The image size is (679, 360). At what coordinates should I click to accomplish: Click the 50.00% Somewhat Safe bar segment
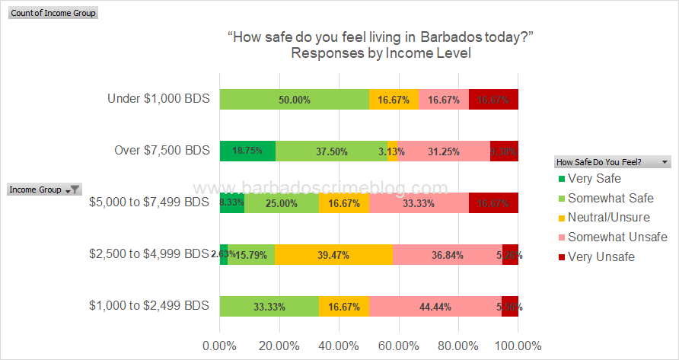(295, 100)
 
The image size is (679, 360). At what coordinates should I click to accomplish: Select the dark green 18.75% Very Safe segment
(247, 151)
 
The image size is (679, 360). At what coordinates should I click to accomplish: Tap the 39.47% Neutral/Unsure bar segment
(333, 254)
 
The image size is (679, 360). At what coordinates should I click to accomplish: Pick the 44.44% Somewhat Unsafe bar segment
(435, 306)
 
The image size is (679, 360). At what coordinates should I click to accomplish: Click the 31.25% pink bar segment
(443, 151)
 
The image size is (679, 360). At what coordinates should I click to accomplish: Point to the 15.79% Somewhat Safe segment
(251, 254)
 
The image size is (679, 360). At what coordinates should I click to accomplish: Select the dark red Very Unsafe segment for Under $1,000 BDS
(493, 100)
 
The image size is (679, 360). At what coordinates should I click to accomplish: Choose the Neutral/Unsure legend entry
(604, 218)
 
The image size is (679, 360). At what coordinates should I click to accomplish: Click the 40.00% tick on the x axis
(339, 345)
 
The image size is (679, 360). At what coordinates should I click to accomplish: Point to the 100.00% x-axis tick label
(518, 345)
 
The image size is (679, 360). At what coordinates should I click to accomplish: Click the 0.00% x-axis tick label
(220, 345)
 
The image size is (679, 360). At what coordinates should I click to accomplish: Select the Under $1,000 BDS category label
(158, 100)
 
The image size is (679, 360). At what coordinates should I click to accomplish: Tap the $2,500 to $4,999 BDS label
(148, 254)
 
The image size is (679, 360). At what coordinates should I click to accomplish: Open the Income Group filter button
(75, 190)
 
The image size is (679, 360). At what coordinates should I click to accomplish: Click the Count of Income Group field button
(53, 13)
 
